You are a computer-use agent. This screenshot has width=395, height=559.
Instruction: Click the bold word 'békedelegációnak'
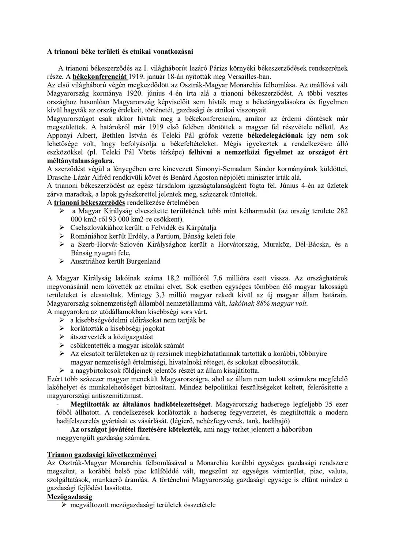[x=275, y=135]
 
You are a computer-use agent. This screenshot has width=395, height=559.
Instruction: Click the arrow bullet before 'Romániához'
[x=62, y=236]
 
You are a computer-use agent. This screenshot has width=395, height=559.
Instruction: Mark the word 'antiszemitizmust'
[x=118, y=396]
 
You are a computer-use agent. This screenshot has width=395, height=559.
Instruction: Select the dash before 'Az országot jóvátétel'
[x=58, y=429]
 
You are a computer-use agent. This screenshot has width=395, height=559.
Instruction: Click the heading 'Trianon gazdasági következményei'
[x=102, y=455]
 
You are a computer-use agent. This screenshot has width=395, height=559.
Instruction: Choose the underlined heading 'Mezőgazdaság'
[x=69, y=497]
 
